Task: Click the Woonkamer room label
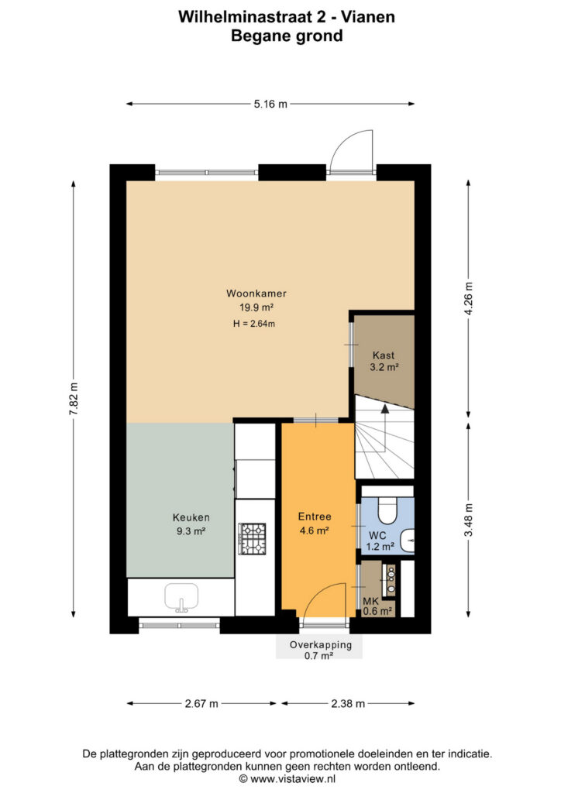[x=256, y=294]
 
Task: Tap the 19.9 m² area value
[x=256, y=307]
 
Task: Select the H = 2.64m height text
[x=254, y=324]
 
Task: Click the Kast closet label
[x=384, y=355]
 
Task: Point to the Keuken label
[x=191, y=517]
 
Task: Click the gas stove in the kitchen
[x=253, y=538]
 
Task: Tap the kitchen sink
[x=181, y=597]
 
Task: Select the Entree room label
[x=315, y=517]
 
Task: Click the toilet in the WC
[x=389, y=510]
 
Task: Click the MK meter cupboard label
[x=371, y=602]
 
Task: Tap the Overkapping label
[x=321, y=645]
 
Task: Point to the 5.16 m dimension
[x=270, y=105]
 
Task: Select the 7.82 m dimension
[x=74, y=399]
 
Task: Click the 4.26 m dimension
[x=469, y=298]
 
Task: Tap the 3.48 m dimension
[x=469, y=520]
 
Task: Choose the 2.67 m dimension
[x=201, y=703]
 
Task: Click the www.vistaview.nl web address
[x=293, y=779]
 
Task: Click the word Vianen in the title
[x=368, y=17]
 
